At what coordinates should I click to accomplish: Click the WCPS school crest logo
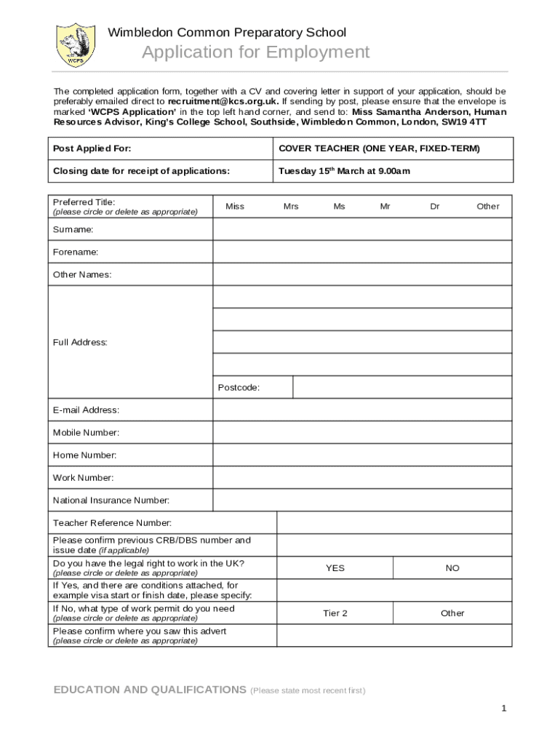pyautogui.click(x=76, y=45)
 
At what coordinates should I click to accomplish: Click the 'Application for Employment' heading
pyautogui.click(x=255, y=52)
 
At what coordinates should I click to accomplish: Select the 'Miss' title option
pyautogui.click(x=235, y=207)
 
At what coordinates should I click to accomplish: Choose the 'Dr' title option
pyautogui.click(x=434, y=207)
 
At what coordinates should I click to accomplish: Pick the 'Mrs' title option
pyautogui.click(x=291, y=207)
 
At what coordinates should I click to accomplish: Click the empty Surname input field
pyautogui.click(x=362, y=229)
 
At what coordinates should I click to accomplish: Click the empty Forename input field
pyautogui.click(x=362, y=252)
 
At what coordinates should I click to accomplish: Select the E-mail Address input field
pyautogui.click(x=362, y=410)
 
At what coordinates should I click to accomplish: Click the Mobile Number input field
pyautogui.click(x=362, y=432)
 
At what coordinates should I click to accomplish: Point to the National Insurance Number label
pyautogui.click(x=111, y=501)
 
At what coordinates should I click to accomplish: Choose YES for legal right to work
pyautogui.click(x=335, y=568)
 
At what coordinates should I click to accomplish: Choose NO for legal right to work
pyautogui.click(x=452, y=568)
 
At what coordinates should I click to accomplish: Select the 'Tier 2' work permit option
pyautogui.click(x=335, y=613)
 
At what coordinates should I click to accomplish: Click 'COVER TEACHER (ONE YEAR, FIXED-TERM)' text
pyautogui.click(x=379, y=148)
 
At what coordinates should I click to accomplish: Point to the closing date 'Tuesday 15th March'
pyautogui.click(x=344, y=171)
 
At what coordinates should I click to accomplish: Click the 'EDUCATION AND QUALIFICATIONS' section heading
pyautogui.click(x=150, y=690)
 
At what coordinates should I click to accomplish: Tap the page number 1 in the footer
pyautogui.click(x=503, y=709)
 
